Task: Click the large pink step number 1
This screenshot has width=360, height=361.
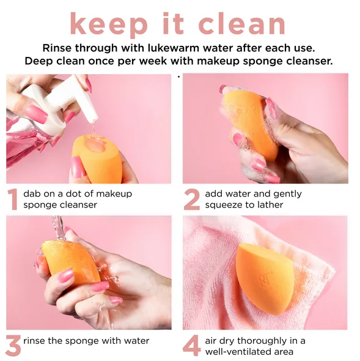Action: [12, 199]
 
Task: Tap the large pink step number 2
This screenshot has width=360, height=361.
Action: [191, 199]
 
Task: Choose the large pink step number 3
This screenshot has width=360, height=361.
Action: [12, 346]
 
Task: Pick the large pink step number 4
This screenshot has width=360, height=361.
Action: [191, 346]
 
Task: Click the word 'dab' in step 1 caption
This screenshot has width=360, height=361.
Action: [32, 194]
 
